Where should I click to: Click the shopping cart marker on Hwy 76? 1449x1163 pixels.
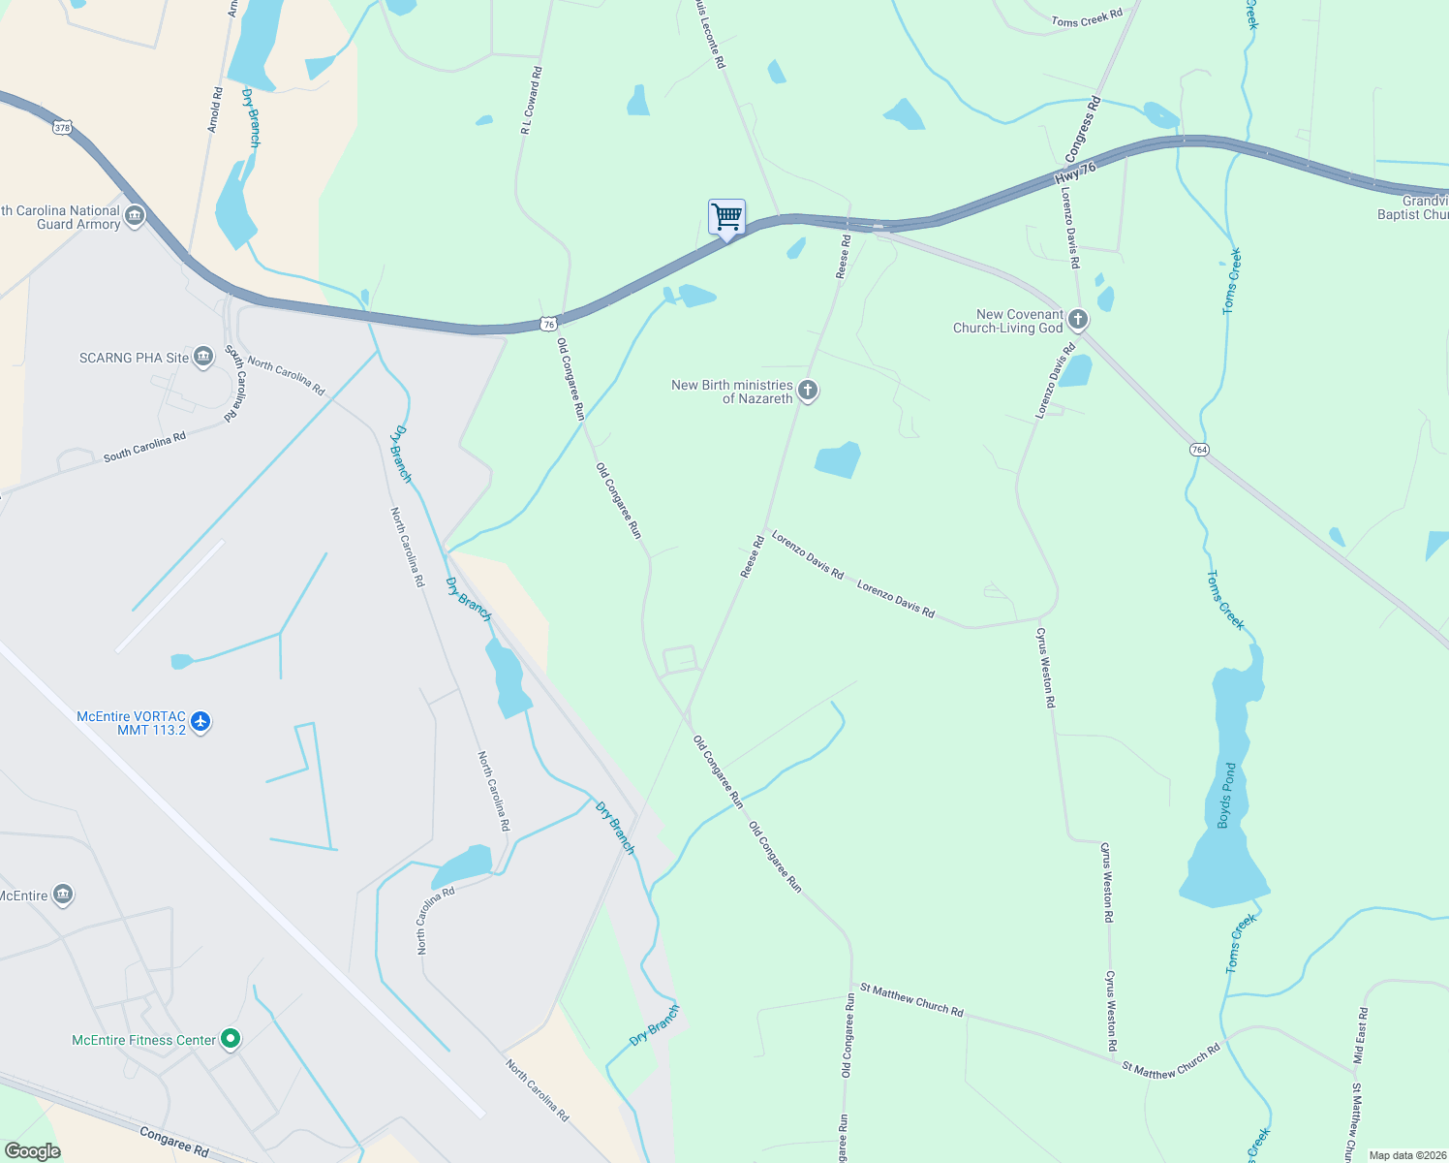click(x=726, y=218)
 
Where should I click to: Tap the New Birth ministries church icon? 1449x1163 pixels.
click(x=808, y=391)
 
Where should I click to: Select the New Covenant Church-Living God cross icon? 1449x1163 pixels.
click(x=1077, y=319)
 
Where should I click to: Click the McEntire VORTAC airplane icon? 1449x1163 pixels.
click(x=200, y=721)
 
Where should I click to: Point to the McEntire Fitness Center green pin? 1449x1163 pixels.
click(x=231, y=1039)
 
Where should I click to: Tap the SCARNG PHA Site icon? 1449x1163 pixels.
click(x=203, y=358)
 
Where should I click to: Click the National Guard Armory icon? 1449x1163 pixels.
click(x=135, y=215)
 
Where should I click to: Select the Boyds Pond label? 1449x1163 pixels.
click(x=1227, y=796)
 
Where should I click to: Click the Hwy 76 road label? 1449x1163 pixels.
click(x=1075, y=173)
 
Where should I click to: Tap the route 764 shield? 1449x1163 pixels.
click(x=1199, y=450)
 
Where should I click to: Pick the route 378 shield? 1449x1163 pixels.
click(x=63, y=127)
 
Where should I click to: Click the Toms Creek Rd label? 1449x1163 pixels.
click(x=1087, y=17)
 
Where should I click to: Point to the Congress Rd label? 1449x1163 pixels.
click(x=1083, y=129)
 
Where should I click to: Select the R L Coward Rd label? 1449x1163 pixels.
click(x=532, y=100)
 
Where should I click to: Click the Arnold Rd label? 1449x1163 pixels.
click(x=215, y=110)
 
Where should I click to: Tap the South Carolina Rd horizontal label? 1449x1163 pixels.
click(x=144, y=448)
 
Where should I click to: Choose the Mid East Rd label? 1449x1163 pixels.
click(x=1361, y=1036)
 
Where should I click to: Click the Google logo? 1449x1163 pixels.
click(x=33, y=1151)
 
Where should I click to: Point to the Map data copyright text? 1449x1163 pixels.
click(x=1407, y=1155)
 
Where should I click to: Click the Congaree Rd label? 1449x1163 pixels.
click(x=174, y=1142)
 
